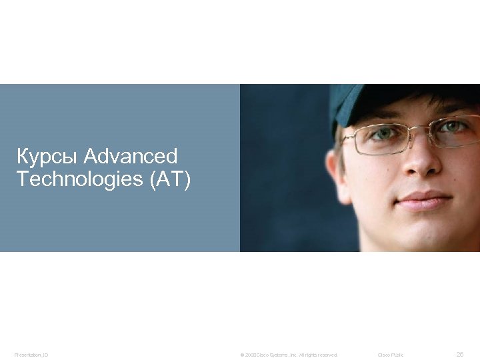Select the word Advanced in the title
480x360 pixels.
tap(131, 157)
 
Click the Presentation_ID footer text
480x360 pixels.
tap(31, 355)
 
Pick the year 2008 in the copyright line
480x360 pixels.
tap(250, 355)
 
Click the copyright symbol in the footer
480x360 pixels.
tap(242, 355)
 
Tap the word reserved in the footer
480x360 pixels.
tap(327, 355)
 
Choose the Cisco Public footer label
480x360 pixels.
tap(391, 355)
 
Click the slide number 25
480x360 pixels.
tap(459, 355)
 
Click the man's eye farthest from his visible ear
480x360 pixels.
tap(456, 126)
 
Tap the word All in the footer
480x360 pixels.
tap(303, 355)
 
